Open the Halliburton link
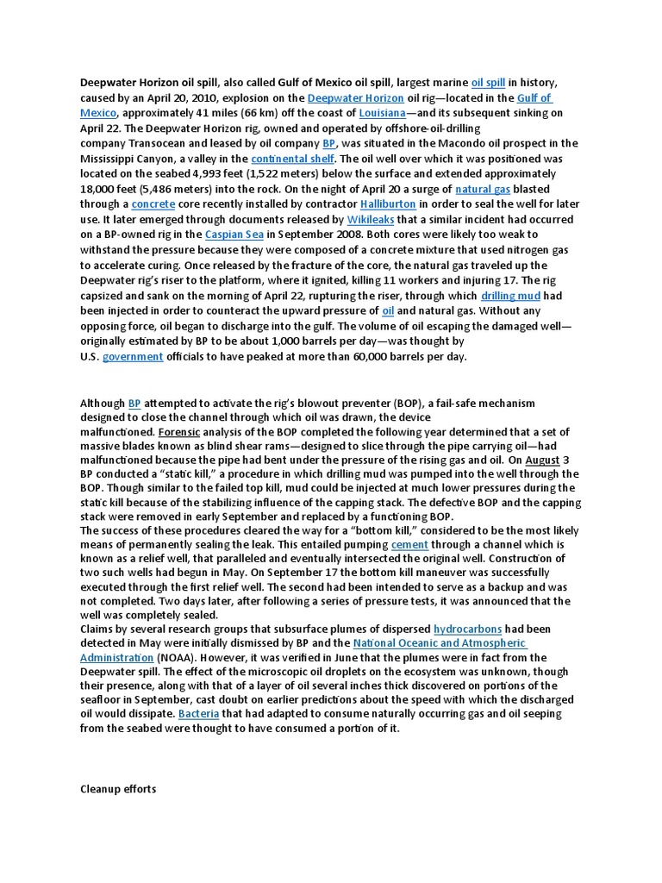click(388, 204)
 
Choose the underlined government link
click(133, 357)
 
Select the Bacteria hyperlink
click(199, 715)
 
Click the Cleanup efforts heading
click(118, 789)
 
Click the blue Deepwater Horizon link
click(355, 98)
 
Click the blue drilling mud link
click(511, 296)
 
